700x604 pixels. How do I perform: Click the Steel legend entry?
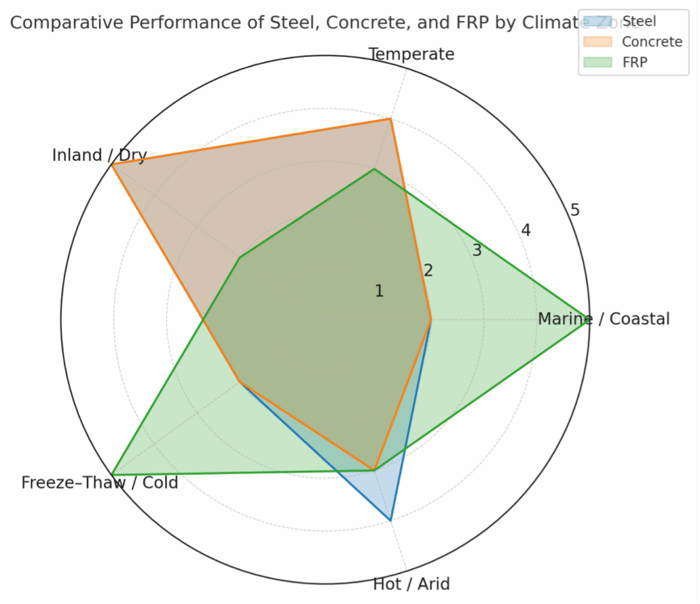pyautogui.click(x=639, y=21)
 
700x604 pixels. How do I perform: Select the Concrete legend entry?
pyautogui.click(x=652, y=42)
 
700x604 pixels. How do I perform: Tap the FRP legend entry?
pyautogui.click(x=634, y=63)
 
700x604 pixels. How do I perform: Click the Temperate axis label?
pyautogui.click(x=412, y=54)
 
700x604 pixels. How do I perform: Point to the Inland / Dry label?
pyautogui.click(x=99, y=156)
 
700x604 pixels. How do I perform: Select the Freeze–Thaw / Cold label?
pyautogui.click(x=100, y=482)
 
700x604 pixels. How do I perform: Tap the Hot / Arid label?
pyautogui.click(x=412, y=584)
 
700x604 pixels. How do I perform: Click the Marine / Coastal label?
pyautogui.click(x=603, y=319)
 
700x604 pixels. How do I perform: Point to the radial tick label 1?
pyautogui.click(x=379, y=291)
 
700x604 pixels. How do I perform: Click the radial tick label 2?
pyautogui.click(x=428, y=270)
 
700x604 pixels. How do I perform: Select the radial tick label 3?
pyautogui.click(x=476, y=251)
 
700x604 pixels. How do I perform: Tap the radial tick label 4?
pyautogui.click(x=526, y=230)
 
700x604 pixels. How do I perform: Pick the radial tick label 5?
pyautogui.click(x=575, y=210)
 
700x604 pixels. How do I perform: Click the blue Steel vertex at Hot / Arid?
pyautogui.click(x=390, y=520)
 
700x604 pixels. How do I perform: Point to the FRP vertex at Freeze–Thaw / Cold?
pyautogui.click(x=112, y=474)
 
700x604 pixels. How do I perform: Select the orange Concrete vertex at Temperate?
pyautogui.click(x=390, y=119)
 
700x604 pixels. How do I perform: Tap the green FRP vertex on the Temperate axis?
pyautogui.click(x=375, y=169)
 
